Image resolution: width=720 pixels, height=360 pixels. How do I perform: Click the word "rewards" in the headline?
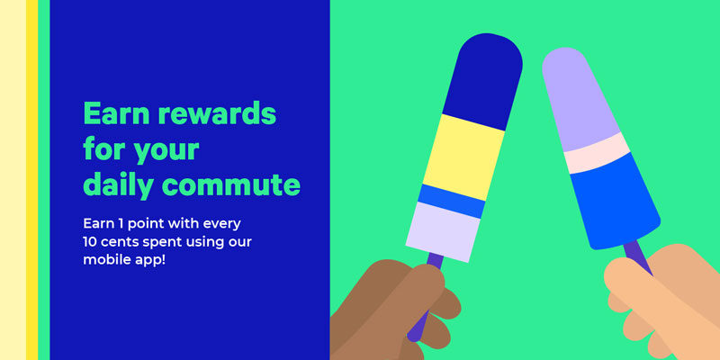(216, 114)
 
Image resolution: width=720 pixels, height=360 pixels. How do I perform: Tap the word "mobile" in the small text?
(103, 259)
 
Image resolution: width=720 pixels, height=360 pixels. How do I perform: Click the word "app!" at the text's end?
(147, 260)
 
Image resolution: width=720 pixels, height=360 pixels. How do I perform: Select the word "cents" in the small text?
(117, 242)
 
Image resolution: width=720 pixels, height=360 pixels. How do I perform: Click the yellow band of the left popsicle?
(463, 157)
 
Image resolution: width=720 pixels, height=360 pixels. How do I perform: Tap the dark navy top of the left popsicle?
(484, 79)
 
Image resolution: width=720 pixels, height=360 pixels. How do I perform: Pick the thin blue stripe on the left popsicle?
(452, 201)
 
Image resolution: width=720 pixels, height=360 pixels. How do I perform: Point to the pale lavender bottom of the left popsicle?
(443, 232)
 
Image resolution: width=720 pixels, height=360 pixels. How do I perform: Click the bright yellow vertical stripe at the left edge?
(31, 180)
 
